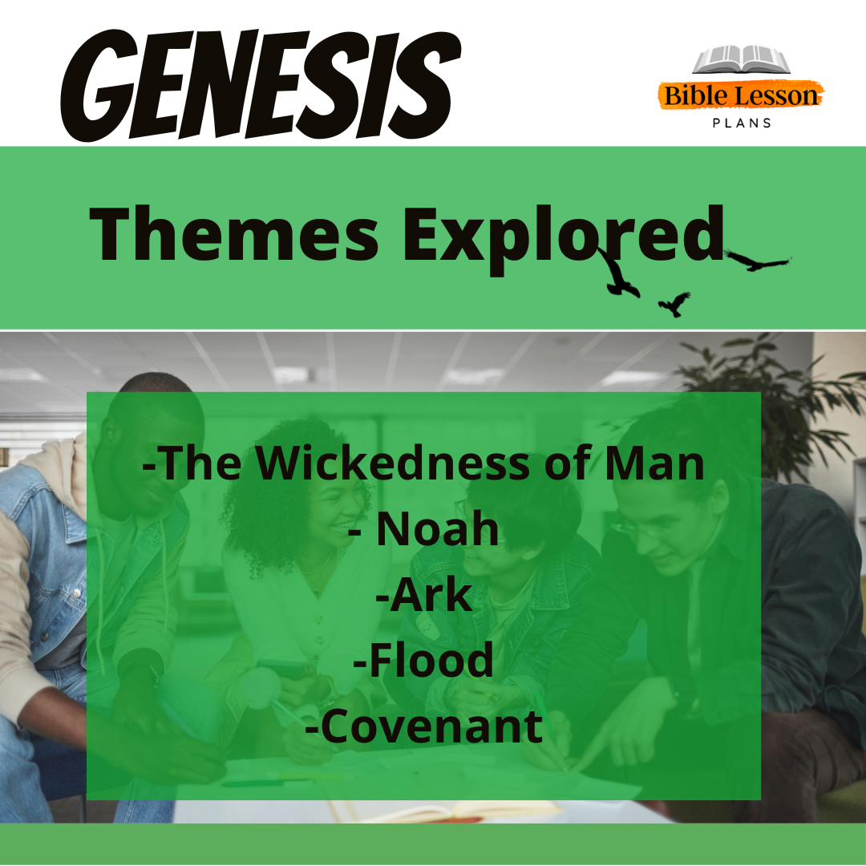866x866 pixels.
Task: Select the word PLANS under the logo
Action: click(742, 123)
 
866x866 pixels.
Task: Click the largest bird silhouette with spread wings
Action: click(757, 260)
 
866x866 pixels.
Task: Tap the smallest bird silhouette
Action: click(674, 303)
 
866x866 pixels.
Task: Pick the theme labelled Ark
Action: click(423, 595)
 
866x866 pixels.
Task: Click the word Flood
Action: click(423, 660)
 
